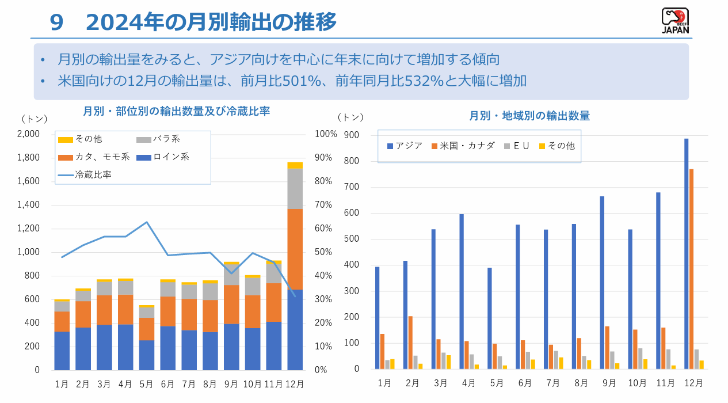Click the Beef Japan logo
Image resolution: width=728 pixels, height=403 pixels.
(675, 21)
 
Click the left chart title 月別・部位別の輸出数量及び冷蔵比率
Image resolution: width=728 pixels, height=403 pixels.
(176, 111)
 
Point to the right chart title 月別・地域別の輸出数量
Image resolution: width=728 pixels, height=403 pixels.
(529, 116)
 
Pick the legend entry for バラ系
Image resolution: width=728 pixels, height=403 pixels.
(166, 139)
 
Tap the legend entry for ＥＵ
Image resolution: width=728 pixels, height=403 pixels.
(521, 146)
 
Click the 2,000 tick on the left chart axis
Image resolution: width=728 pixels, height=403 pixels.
(28, 134)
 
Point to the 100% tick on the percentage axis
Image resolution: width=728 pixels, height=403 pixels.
(326, 134)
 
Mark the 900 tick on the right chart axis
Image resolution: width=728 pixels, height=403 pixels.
(351, 135)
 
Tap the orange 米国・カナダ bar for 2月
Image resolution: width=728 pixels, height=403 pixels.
(410, 343)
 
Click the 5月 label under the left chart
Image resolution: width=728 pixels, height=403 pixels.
(146, 383)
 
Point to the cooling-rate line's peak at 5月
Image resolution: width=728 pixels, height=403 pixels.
(147, 222)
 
